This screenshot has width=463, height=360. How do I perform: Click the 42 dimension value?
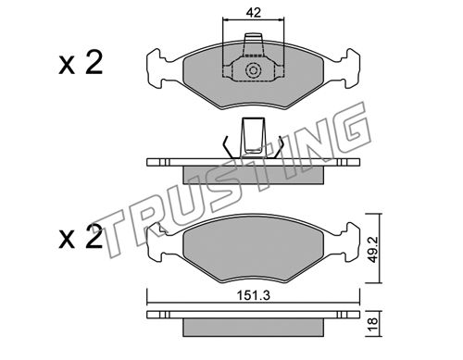point(254,13)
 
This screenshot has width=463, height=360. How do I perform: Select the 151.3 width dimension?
point(253,296)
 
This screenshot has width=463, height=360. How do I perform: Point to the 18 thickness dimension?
point(373,323)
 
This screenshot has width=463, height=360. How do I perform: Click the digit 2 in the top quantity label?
point(94,63)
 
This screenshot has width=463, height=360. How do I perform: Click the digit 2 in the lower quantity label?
point(94,237)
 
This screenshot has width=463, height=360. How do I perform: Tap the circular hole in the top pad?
point(253,71)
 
